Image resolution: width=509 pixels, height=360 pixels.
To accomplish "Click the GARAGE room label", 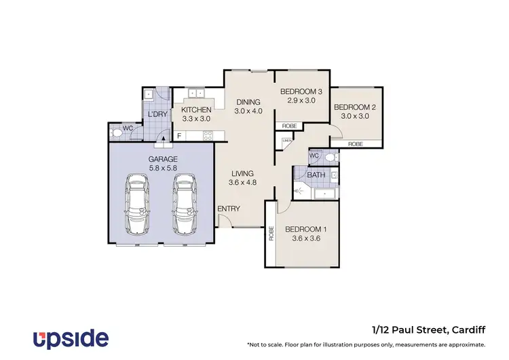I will point(163,159).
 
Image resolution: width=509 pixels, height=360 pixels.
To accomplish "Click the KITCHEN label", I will point(197,109).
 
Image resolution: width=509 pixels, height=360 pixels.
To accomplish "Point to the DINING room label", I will point(248,102).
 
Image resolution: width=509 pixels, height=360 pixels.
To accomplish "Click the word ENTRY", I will point(228,209).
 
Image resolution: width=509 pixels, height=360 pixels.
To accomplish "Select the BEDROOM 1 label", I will point(305,230).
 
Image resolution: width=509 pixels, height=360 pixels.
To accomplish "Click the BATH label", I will point(316,175).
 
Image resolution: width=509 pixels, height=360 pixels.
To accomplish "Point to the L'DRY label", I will point(157,114).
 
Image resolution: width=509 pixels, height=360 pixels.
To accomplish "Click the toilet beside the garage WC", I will point(116,134).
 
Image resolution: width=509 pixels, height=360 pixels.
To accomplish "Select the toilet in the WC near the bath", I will point(330,157).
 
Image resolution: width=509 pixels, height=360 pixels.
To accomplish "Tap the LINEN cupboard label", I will point(287,141).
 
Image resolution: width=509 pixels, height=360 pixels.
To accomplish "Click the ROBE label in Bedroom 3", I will point(288,126).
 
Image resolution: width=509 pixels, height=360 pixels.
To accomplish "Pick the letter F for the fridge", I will point(179,136).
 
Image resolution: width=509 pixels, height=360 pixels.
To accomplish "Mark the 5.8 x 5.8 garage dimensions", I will point(163,168).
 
